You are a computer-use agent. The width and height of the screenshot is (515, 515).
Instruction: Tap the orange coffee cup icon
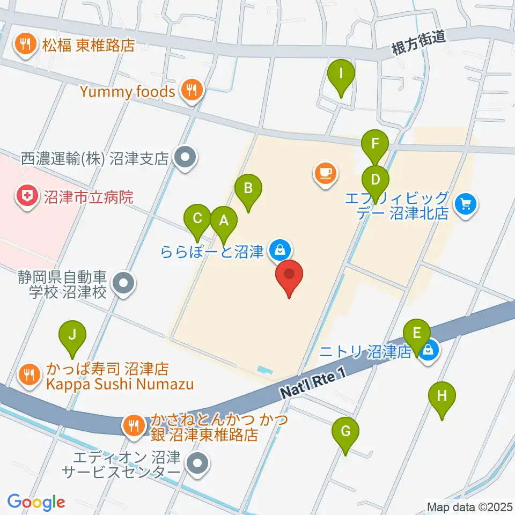(326, 172)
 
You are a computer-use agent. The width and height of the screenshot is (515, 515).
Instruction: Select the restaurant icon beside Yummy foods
(192, 91)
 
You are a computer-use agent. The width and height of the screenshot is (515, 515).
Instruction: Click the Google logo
(36, 502)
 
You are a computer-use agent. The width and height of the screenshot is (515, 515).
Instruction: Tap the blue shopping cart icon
(465, 204)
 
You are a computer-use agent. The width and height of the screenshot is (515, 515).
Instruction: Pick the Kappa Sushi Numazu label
(119, 385)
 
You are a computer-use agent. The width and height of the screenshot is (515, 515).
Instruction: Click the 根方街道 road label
(418, 45)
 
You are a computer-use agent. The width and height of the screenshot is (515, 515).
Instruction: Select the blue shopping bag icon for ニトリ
(428, 352)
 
